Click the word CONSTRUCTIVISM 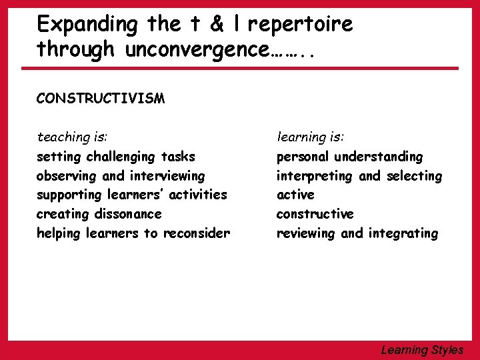click(101, 99)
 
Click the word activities click(194, 195)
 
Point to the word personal click(303, 157)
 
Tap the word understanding click(379, 157)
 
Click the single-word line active click(295, 195)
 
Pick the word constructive click(315, 214)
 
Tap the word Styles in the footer click(447, 349)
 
